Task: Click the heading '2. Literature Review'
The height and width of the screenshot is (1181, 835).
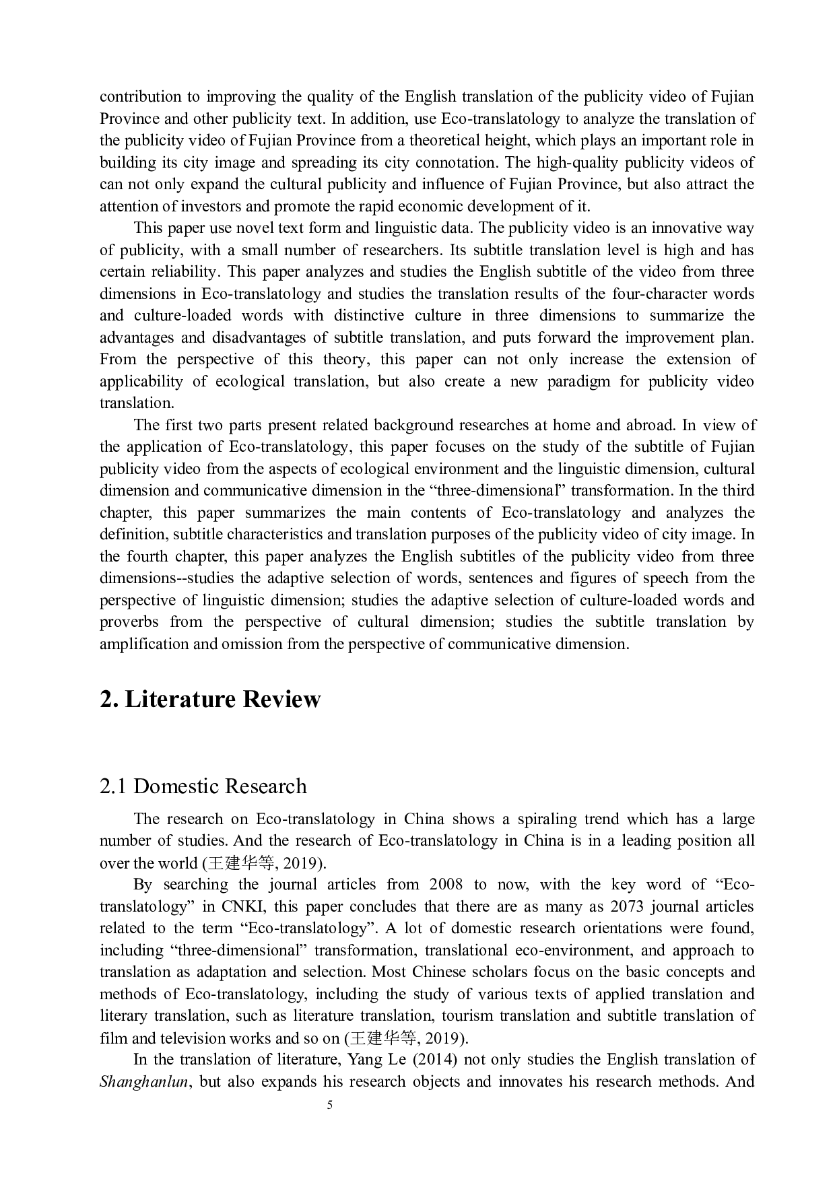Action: pyautogui.click(x=210, y=700)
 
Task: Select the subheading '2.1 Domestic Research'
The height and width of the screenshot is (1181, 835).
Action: pyautogui.click(x=203, y=786)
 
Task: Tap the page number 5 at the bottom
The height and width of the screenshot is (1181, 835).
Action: pyautogui.click(x=329, y=1105)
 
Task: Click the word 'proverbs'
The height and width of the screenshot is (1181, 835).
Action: pyautogui.click(x=129, y=622)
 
